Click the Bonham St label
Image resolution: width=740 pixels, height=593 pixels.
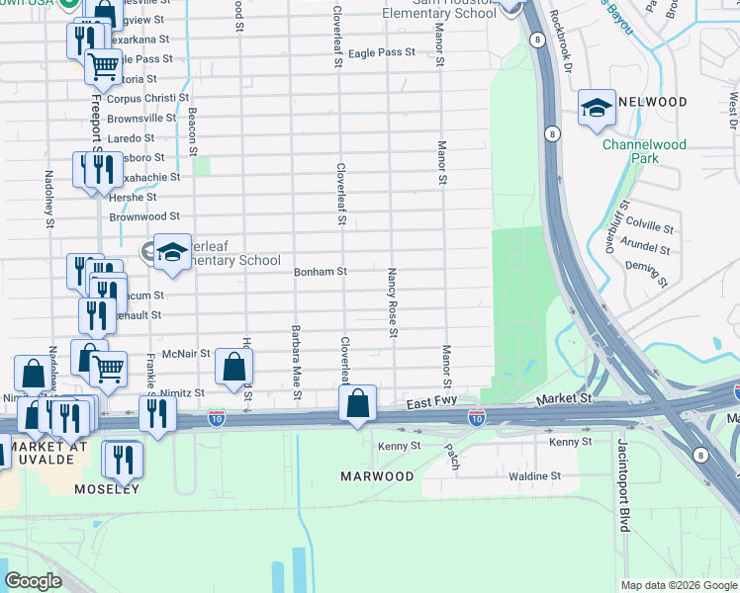tap(320, 271)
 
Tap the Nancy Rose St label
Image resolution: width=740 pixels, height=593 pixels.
tap(393, 301)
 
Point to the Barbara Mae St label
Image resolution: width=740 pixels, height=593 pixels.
tap(296, 362)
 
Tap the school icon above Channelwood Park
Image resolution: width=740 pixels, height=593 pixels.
tap(597, 108)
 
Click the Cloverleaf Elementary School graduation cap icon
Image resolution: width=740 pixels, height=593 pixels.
tap(172, 251)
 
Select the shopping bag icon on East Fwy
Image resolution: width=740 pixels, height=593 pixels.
tap(357, 403)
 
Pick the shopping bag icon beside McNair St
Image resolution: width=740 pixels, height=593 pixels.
tap(232, 367)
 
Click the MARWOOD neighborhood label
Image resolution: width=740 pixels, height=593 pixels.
tap(377, 476)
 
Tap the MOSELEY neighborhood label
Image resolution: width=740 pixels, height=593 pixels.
tap(106, 489)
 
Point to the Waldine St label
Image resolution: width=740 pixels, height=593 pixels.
tap(535, 475)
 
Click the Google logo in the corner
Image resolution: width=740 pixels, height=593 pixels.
tap(32, 580)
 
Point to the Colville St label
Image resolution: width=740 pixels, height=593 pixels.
tap(649, 223)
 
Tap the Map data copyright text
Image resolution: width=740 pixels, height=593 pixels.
tap(679, 585)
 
